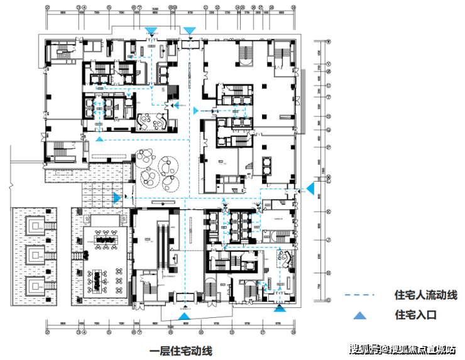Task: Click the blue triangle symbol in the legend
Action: pyautogui.click(x=358, y=315)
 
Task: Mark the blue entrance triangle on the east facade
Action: pyautogui.click(x=310, y=187)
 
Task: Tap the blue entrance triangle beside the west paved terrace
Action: pyautogui.click(x=117, y=198)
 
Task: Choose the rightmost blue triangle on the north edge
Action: pyautogui.click(x=189, y=31)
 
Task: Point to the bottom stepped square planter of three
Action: pyautogui.click(x=35, y=288)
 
